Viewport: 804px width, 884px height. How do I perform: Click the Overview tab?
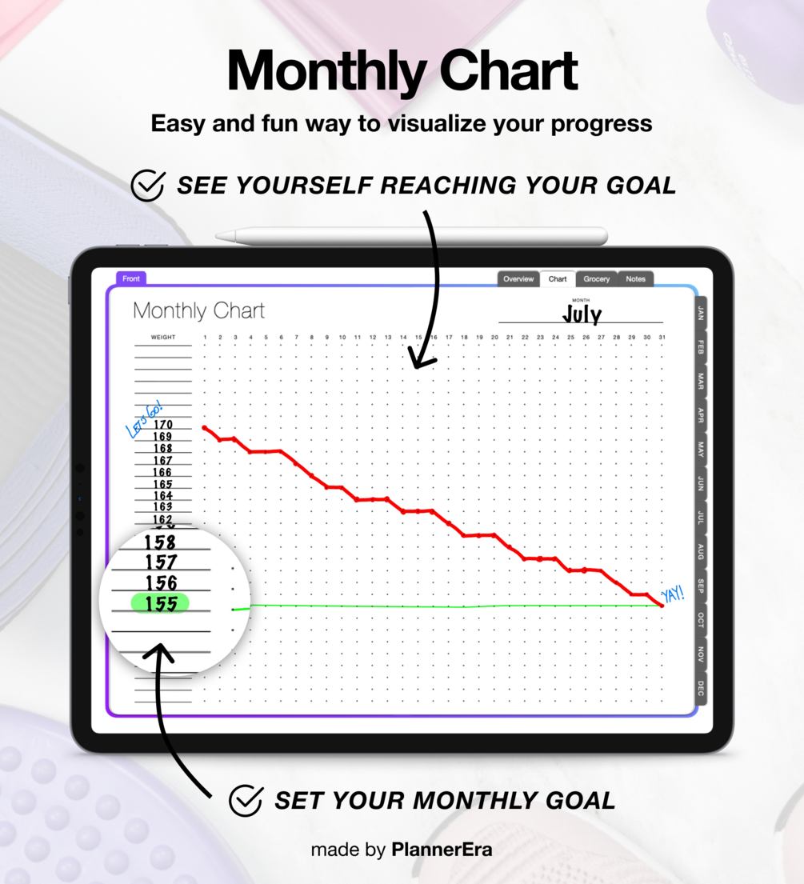pyautogui.click(x=518, y=279)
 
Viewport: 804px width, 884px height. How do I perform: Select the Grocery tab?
pyautogui.click(x=597, y=279)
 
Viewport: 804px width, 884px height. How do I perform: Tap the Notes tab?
pyautogui.click(x=635, y=279)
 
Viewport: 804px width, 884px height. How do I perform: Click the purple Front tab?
pyautogui.click(x=131, y=278)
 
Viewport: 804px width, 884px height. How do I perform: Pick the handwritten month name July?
pyautogui.click(x=582, y=314)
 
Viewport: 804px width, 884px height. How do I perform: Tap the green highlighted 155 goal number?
pyautogui.click(x=161, y=603)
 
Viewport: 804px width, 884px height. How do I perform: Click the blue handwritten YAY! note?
pyautogui.click(x=673, y=594)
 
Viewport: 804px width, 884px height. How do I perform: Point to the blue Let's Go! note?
pyautogui.click(x=144, y=419)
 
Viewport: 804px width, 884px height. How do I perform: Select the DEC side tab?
pyautogui.click(x=700, y=688)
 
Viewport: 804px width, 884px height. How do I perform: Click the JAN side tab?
pyautogui.click(x=700, y=314)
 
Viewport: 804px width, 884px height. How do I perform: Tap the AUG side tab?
pyautogui.click(x=700, y=551)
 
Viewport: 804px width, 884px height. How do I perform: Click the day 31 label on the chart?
pyautogui.click(x=662, y=337)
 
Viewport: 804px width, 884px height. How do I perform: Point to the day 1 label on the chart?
pyautogui.click(x=206, y=337)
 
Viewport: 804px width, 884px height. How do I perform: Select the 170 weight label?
pyautogui.click(x=163, y=425)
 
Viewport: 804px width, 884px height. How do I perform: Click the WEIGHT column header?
pyautogui.click(x=163, y=337)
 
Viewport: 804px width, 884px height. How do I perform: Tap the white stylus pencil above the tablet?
pyautogui.click(x=411, y=236)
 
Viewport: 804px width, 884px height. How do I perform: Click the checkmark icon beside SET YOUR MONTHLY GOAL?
pyautogui.click(x=246, y=800)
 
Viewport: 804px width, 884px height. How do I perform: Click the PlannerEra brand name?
pyautogui.click(x=442, y=850)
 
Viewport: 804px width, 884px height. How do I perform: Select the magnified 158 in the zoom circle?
pyautogui.click(x=160, y=542)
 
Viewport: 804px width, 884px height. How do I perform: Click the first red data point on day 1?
pyautogui.click(x=205, y=428)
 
